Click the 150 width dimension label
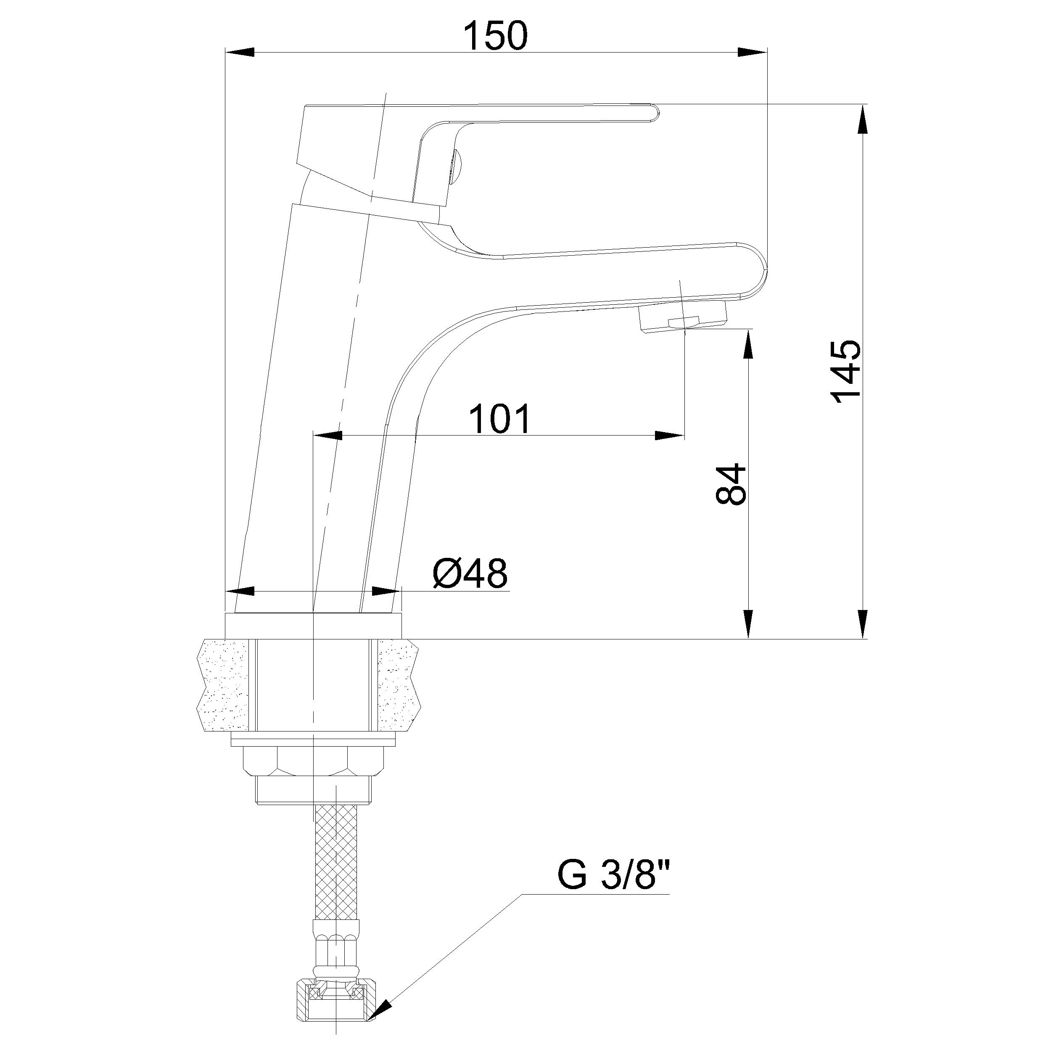[495, 36]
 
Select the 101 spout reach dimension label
[499, 419]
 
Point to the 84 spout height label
[731, 484]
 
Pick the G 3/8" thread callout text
[613, 875]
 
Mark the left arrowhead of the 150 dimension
[239, 52]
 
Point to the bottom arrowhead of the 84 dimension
[749, 623]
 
